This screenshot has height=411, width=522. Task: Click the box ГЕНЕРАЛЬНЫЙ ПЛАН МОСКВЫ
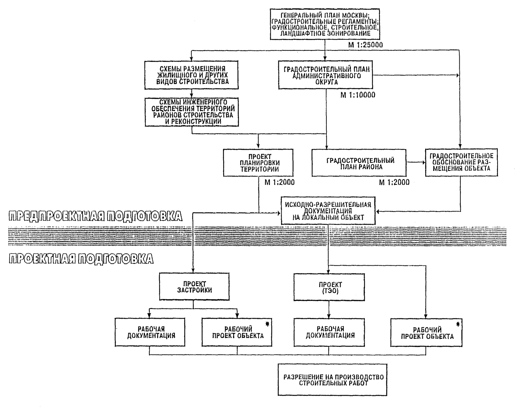pyautogui.click(x=325, y=24)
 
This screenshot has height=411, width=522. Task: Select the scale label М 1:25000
pyautogui.click(x=365, y=45)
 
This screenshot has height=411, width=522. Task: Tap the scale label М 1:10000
pyautogui.click(x=358, y=95)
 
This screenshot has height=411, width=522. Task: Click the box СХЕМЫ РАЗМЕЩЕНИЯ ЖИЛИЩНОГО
pyautogui.click(x=191, y=75)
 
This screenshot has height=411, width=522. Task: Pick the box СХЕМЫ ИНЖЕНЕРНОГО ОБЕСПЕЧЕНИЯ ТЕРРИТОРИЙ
pyautogui.click(x=192, y=112)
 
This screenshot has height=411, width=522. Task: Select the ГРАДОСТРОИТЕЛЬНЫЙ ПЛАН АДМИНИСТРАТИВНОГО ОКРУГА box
pyautogui.click(x=325, y=75)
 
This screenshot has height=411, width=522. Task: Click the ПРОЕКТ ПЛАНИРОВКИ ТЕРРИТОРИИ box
pyautogui.click(x=258, y=162)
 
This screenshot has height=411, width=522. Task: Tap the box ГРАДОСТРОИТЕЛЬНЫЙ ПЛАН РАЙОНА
pyautogui.click(x=359, y=162)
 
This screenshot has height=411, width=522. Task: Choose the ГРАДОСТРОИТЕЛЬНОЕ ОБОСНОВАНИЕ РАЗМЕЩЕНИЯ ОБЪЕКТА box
pyautogui.click(x=461, y=162)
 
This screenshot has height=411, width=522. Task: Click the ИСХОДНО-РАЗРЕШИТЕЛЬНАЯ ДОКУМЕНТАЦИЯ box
pyautogui.click(x=328, y=211)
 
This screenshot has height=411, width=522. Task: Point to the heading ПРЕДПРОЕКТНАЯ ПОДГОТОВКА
pyautogui.click(x=95, y=216)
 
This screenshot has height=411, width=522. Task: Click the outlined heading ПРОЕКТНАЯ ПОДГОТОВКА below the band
pyautogui.click(x=81, y=259)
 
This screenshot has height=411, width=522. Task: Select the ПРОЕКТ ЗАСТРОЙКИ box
pyautogui.click(x=194, y=287)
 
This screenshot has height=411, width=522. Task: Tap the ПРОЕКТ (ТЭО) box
pyautogui.click(x=329, y=287)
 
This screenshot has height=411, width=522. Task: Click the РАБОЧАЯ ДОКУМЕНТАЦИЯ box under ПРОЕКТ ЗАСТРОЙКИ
pyautogui.click(x=150, y=332)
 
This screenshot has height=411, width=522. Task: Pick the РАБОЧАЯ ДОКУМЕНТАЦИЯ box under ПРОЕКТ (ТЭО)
pyautogui.click(x=329, y=332)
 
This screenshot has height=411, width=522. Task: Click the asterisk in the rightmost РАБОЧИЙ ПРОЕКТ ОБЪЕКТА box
pyautogui.click(x=458, y=324)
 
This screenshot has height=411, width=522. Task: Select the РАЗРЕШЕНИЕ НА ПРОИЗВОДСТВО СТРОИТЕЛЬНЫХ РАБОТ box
pyautogui.click(x=333, y=380)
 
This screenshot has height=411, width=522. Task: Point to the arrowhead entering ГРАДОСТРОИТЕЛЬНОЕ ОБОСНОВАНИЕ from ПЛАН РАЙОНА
pyautogui.click(x=424, y=162)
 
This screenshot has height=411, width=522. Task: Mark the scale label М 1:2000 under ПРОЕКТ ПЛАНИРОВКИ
pyautogui.click(x=280, y=182)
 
